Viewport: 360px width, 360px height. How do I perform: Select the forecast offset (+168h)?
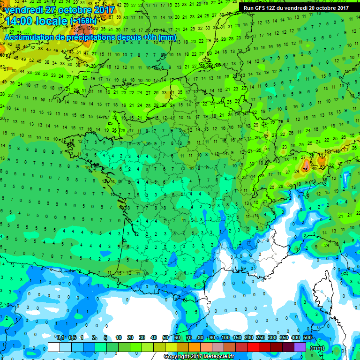[84, 22]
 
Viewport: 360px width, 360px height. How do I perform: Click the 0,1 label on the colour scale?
[60, 337]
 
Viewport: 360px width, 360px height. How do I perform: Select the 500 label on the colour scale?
[307, 337]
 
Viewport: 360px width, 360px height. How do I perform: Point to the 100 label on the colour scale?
[225, 337]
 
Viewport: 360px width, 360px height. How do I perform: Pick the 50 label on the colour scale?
[165, 337]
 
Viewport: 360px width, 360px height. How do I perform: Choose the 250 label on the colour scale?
[261, 337]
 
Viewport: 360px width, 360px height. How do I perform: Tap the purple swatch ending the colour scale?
[300, 347]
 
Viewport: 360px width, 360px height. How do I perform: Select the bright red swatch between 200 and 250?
[253, 347]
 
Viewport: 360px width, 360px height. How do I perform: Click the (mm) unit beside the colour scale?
[317, 347]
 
